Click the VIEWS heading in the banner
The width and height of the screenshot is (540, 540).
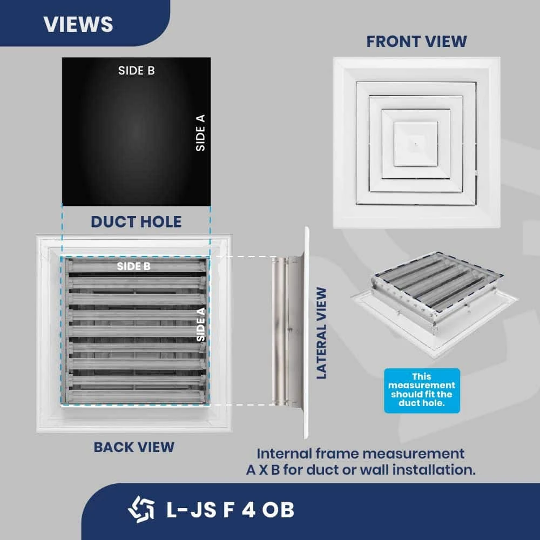click(x=78, y=24)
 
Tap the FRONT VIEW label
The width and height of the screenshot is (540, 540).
click(x=416, y=41)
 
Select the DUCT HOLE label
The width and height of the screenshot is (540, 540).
click(x=136, y=221)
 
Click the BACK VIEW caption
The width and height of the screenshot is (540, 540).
click(x=134, y=447)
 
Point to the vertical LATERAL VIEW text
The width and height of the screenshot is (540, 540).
click(x=322, y=333)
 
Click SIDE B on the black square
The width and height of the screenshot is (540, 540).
click(x=136, y=70)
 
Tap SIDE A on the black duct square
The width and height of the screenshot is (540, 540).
click(x=200, y=131)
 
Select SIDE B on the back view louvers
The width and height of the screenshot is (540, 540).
click(x=134, y=266)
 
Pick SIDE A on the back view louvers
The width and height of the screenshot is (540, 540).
click(x=201, y=324)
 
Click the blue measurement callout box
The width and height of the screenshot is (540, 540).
click(x=422, y=390)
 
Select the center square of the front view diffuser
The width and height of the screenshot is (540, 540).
click(x=415, y=143)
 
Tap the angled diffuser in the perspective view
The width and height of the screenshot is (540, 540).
click(x=432, y=308)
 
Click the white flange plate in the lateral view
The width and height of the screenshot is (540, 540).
click(x=306, y=332)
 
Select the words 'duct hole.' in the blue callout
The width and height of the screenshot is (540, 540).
click(x=422, y=403)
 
